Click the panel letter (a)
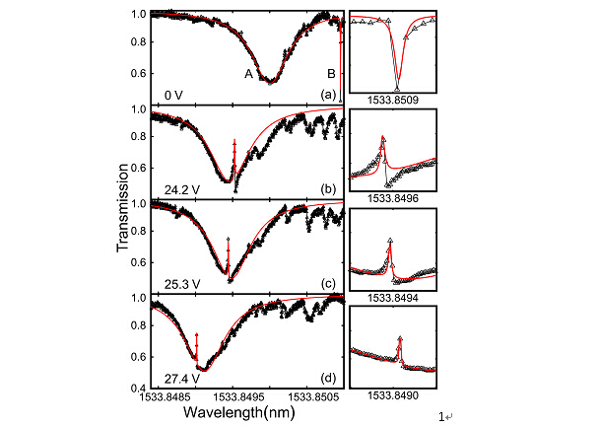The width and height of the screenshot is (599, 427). (329, 95)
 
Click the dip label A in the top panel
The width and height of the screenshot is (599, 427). (250, 73)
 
